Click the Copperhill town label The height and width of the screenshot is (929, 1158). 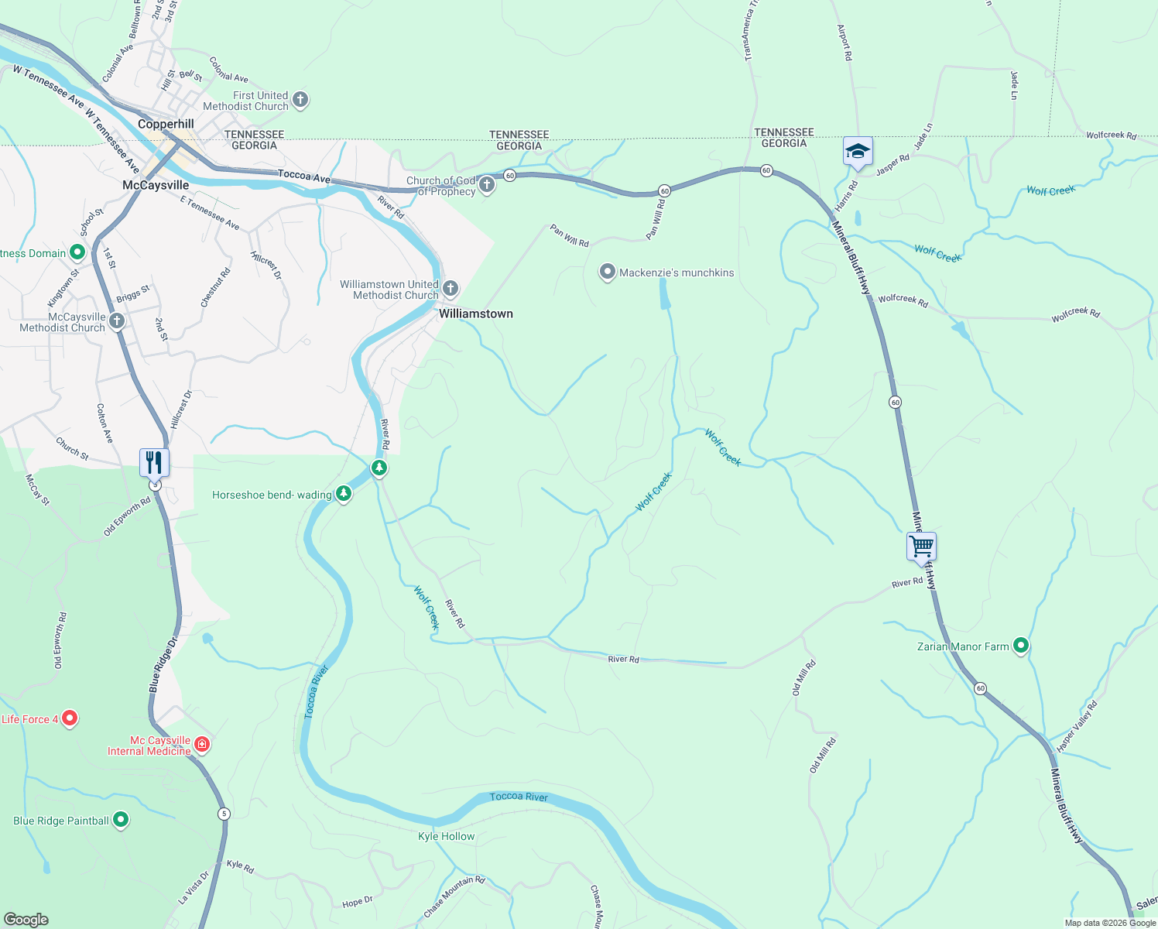click(166, 124)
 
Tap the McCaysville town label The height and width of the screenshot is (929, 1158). click(156, 185)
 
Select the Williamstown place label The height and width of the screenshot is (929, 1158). click(475, 314)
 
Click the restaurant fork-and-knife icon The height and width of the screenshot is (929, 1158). click(154, 462)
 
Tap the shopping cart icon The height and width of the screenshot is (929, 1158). click(921, 546)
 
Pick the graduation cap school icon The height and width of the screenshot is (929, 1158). click(858, 150)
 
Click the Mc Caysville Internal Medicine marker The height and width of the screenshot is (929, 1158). click(202, 745)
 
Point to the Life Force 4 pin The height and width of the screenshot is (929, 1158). click(70, 718)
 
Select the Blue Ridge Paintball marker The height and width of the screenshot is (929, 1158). click(121, 820)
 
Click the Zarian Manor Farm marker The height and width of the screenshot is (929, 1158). click(1021, 645)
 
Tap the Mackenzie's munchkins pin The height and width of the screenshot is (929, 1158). click(608, 272)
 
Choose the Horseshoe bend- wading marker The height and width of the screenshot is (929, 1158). click(344, 494)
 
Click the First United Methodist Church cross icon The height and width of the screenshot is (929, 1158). click(300, 100)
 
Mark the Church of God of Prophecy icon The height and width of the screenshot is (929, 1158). click(487, 184)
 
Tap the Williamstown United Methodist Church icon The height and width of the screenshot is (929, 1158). click(450, 289)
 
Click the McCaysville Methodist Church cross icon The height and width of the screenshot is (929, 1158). click(117, 321)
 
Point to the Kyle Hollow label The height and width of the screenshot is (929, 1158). click(446, 836)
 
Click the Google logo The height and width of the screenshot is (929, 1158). click(26, 920)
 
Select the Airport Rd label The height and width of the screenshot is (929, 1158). click(845, 43)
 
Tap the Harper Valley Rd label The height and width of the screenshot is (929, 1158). click(1077, 726)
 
